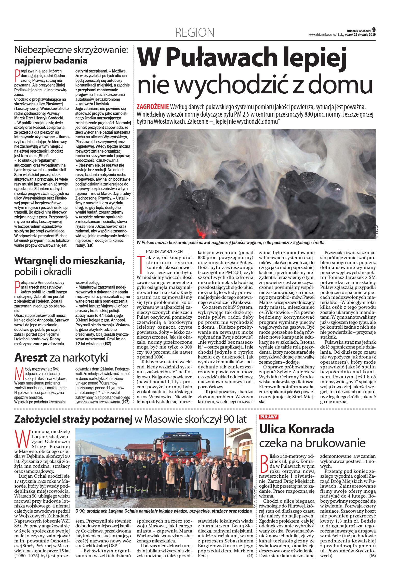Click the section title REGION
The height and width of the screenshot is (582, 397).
(x=195, y=32)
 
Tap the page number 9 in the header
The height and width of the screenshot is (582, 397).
(x=374, y=30)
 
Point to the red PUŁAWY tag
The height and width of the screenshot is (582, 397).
(x=269, y=417)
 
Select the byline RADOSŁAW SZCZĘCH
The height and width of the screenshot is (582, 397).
(x=164, y=252)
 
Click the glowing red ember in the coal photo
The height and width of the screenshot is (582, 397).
(x=201, y=232)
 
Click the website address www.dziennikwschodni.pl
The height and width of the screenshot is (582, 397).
(x=325, y=35)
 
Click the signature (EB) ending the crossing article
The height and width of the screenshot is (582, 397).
(x=90, y=245)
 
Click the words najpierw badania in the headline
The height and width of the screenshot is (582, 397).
(x=51, y=60)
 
